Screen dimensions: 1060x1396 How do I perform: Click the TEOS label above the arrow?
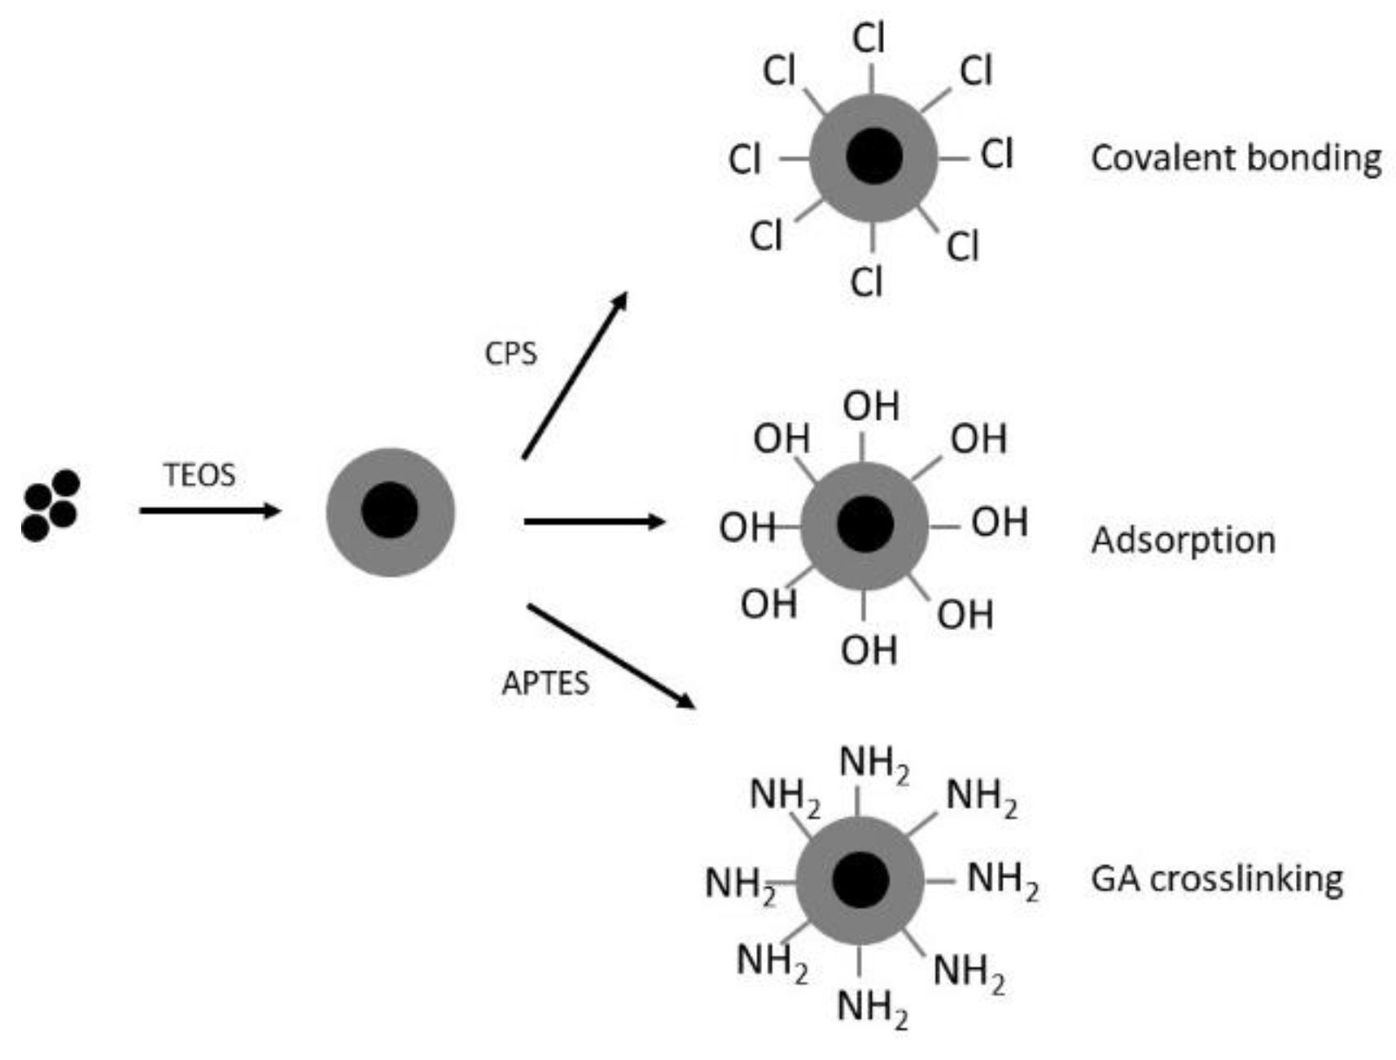tap(199, 475)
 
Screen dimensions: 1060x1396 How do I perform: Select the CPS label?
tap(510, 353)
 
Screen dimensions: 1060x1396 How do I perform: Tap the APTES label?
tap(545, 682)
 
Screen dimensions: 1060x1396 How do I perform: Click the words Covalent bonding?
tap(1236, 158)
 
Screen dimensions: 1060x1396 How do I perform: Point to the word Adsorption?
tap(1183, 540)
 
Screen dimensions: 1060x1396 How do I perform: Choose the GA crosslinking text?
tap(1216, 878)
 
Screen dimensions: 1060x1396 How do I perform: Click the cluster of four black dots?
tap(50, 506)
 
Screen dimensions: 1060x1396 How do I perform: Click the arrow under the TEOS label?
tap(210, 511)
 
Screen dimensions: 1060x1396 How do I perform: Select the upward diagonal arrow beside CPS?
tap(575, 375)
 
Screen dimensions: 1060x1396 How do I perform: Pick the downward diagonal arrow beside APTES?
tap(610, 656)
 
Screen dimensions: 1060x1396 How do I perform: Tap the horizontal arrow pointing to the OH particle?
tap(594, 522)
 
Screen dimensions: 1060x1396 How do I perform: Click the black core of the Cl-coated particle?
tap(874, 155)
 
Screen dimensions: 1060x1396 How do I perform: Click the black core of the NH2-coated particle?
tap(860, 881)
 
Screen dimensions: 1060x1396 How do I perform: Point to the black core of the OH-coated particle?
tap(864, 524)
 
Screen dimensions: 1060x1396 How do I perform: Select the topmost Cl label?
tap(869, 38)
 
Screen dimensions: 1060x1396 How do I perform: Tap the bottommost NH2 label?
tap(872, 1008)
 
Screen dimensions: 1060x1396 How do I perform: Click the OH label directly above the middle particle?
tap(871, 406)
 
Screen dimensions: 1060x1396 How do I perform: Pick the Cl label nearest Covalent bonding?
tap(996, 153)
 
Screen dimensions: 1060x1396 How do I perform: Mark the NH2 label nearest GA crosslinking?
tap(1002, 880)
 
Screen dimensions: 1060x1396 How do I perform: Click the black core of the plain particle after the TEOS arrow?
tap(390, 510)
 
